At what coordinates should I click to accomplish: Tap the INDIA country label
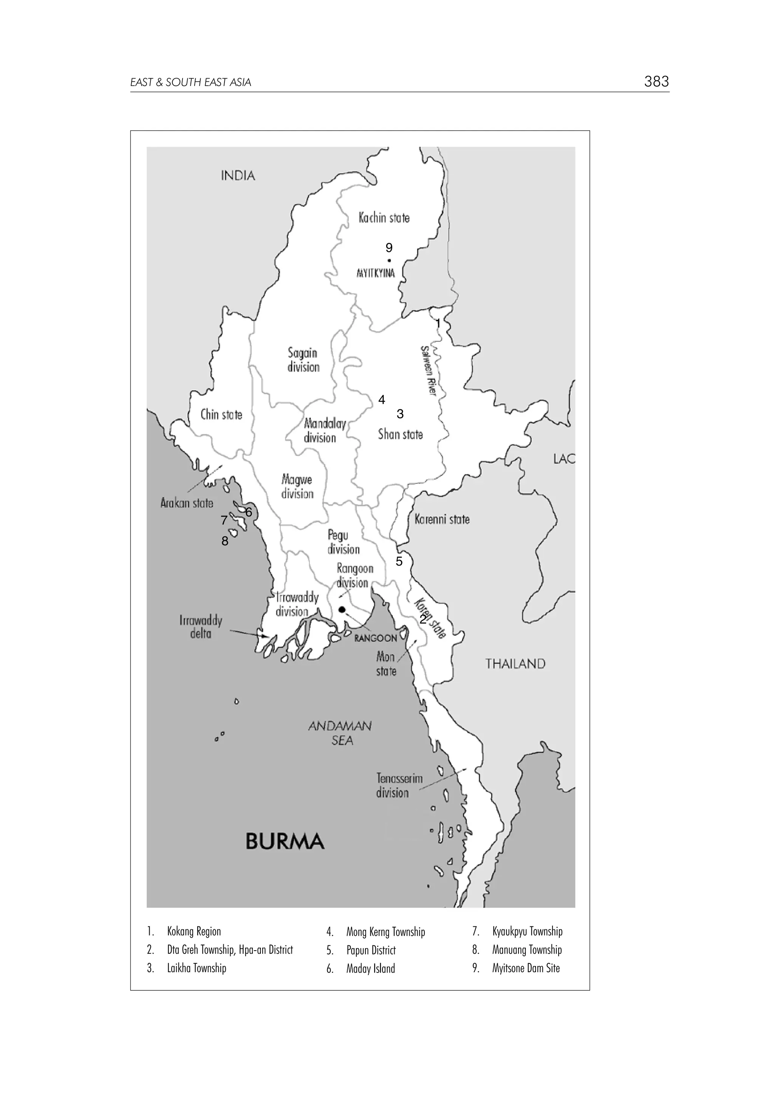pyautogui.click(x=238, y=176)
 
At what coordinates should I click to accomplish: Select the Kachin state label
pyautogui.click(x=384, y=218)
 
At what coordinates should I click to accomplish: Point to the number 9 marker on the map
pyautogui.click(x=389, y=248)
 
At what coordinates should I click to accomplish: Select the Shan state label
pyautogui.click(x=400, y=434)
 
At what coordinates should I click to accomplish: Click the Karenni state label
pyautogui.click(x=442, y=519)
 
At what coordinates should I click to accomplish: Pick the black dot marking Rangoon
pyautogui.click(x=342, y=610)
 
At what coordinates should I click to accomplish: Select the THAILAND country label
pyautogui.click(x=515, y=664)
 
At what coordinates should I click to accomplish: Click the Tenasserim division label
pyautogui.click(x=399, y=785)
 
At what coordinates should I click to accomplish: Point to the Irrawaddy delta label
pyautogui.click(x=201, y=627)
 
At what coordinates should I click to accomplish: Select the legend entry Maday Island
pyautogui.click(x=370, y=969)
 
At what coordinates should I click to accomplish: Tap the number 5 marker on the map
pyautogui.click(x=399, y=561)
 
